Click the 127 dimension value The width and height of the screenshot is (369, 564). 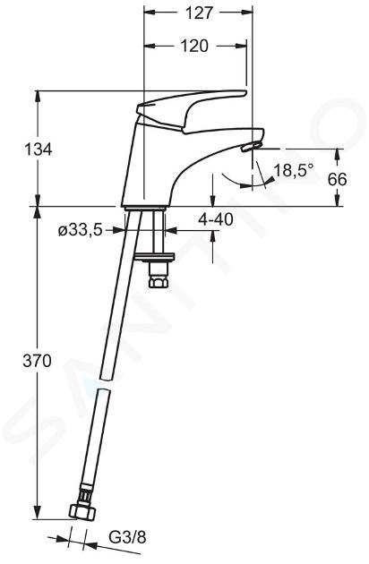click(x=199, y=13)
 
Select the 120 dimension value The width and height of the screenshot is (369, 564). click(x=194, y=46)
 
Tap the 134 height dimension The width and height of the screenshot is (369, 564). click(x=38, y=149)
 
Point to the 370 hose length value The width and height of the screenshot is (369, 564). click(x=37, y=361)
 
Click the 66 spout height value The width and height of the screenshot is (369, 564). click(x=337, y=179)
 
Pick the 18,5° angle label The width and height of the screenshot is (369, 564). click(x=294, y=170)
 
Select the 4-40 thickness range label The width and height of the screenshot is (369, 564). click(x=216, y=219)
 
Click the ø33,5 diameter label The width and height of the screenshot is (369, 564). click(x=81, y=230)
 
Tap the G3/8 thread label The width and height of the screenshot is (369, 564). click(x=127, y=538)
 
